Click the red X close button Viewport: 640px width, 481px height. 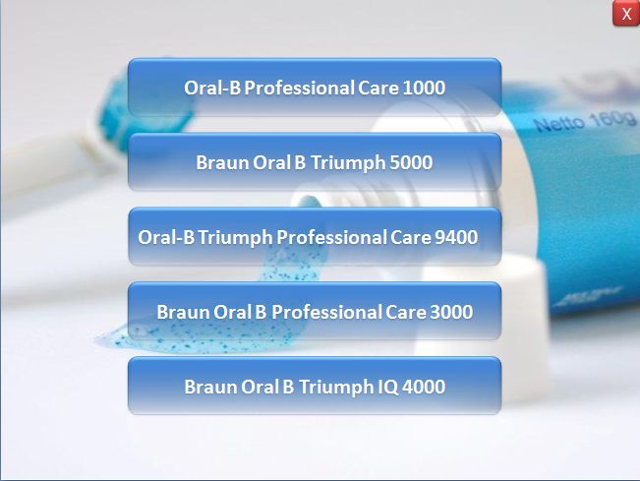tap(625, 14)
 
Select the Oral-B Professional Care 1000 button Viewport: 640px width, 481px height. tap(315, 88)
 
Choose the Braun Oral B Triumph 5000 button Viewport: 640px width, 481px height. tap(315, 162)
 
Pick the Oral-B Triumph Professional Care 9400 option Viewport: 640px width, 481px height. tap(315, 237)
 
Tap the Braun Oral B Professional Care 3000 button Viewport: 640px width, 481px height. tap(315, 311)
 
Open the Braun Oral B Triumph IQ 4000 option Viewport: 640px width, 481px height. tap(315, 386)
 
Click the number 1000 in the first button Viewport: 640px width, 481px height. tap(424, 88)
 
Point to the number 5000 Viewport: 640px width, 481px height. tap(411, 162)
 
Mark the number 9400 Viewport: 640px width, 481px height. tap(456, 237)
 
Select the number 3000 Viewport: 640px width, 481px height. tap(451, 312)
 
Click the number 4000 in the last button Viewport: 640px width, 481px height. tap(424, 387)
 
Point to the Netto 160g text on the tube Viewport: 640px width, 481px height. tap(585, 121)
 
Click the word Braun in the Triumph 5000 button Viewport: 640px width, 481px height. tap(222, 162)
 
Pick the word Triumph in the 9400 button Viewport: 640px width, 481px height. tap(236, 238)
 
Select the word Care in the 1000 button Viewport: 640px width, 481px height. tap(378, 88)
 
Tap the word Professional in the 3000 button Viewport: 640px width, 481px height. tap(326, 312)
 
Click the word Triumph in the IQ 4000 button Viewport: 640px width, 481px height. tap(336, 388)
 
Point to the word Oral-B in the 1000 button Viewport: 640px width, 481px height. tap(212, 88)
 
